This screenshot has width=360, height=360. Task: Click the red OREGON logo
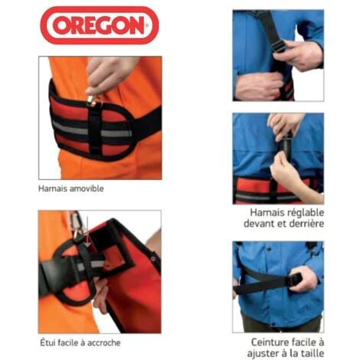100,25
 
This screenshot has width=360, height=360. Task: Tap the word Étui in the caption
47,342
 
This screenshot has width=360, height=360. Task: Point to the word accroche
104,343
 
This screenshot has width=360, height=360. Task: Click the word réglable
302,213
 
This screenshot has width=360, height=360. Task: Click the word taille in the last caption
313,354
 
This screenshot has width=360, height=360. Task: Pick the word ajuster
262,354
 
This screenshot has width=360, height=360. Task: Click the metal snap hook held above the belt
92,100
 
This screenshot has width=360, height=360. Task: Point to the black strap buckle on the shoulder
279,46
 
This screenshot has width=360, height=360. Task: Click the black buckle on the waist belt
296,280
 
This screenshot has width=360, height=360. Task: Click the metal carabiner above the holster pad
76,224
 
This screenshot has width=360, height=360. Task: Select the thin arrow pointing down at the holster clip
87,232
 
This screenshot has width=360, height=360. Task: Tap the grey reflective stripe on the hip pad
91,130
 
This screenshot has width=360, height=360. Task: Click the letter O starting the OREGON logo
61,25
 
